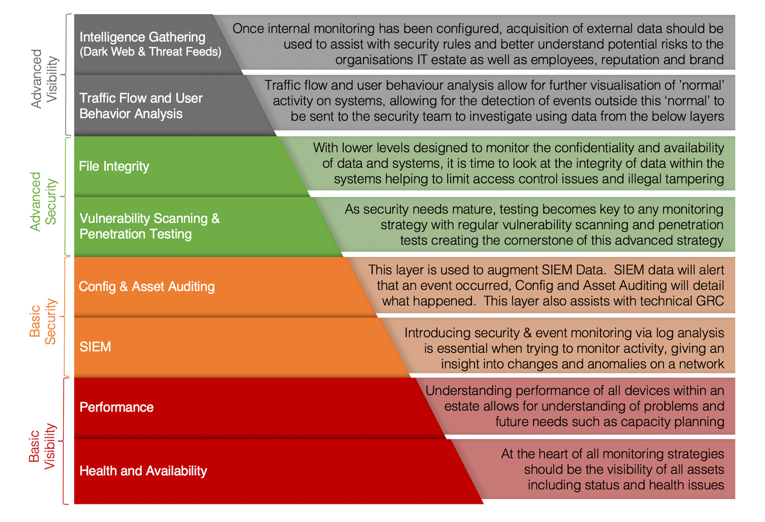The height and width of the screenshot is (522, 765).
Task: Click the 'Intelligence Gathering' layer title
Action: pos(142,37)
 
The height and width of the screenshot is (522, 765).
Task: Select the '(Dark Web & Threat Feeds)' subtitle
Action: pos(150,52)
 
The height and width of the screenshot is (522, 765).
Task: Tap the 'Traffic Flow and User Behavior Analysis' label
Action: pos(141,106)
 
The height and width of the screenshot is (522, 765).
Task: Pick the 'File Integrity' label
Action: pos(114,167)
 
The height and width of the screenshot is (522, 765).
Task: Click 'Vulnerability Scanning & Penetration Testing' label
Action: pos(149,226)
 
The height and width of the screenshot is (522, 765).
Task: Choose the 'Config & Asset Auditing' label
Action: pos(147,286)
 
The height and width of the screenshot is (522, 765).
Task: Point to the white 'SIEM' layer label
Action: pos(95,347)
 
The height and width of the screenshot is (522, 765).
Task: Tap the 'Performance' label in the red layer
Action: pos(117,407)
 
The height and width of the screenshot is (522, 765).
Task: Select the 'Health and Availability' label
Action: pos(143,471)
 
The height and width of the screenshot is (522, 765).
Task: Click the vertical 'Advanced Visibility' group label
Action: pos(44,79)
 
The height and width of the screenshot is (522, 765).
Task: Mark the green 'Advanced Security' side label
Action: pos(43,201)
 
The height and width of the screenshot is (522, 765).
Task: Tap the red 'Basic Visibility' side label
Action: pos(42,446)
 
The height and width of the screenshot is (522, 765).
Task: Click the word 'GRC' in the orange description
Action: pos(710,301)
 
